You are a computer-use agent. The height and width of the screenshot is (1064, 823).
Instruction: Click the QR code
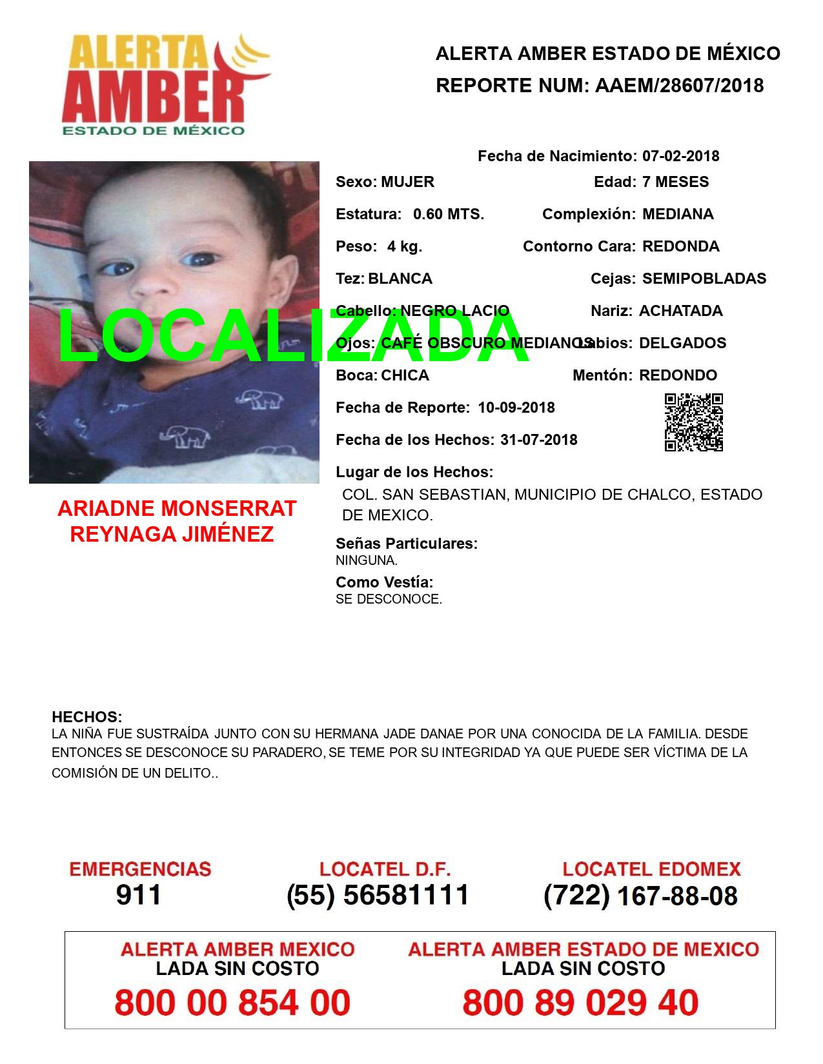click(x=694, y=422)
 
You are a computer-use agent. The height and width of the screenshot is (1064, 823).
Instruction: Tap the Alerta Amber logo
click(x=165, y=84)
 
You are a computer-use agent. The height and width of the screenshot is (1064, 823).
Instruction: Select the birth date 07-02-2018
click(x=680, y=156)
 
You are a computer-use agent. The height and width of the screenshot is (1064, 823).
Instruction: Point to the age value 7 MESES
click(x=675, y=182)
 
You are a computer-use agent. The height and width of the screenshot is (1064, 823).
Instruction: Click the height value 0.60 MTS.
click(x=448, y=214)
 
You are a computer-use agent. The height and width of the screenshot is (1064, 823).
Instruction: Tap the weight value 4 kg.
click(x=404, y=246)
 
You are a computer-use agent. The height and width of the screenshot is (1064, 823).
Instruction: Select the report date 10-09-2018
click(x=516, y=408)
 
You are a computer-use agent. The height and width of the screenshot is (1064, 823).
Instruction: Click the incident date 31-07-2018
click(x=538, y=440)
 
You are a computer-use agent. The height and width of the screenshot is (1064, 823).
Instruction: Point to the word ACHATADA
click(x=680, y=311)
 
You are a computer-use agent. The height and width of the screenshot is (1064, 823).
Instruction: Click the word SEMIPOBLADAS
click(x=704, y=279)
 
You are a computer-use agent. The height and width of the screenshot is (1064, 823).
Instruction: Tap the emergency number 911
click(x=138, y=895)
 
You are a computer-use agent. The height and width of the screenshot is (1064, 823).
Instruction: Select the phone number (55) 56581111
click(x=378, y=895)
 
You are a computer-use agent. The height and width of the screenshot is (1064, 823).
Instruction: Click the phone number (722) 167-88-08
click(x=640, y=896)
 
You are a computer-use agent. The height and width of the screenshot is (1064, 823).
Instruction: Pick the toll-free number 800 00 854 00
click(x=232, y=1003)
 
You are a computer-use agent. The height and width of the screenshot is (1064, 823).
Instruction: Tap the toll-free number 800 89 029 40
click(x=580, y=1003)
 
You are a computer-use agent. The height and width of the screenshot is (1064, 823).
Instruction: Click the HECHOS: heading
click(x=86, y=717)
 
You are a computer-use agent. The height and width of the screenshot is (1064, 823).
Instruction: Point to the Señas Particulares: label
click(x=407, y=544)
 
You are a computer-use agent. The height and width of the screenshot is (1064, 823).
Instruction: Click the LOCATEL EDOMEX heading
click(x=651, y=869)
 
